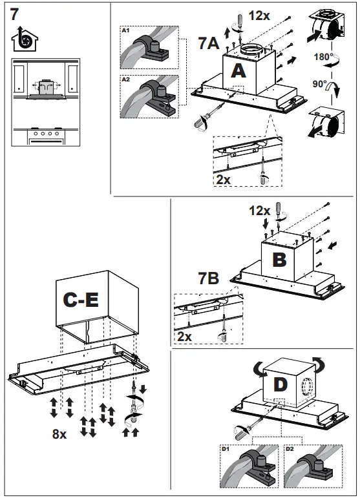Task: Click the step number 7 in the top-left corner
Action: (15, 14)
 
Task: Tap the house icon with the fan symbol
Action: (25, 39)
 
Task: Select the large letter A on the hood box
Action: (238, 71)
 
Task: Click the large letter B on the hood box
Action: (279, 260)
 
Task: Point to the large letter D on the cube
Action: (281, 384)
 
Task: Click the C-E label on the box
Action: (81, 300)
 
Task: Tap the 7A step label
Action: (209, 43)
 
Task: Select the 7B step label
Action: (208, 278)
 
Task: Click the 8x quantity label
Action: (59, 433)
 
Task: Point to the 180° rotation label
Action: (323, 57)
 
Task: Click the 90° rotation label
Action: (319, 84)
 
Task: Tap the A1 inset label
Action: (126, 30)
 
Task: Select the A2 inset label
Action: (126, 79)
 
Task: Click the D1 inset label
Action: (226, 449)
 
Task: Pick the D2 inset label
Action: (290, 449)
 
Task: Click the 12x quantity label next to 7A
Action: (259, 15)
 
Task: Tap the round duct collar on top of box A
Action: (251, 50)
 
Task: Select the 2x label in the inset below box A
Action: (223, 180)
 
